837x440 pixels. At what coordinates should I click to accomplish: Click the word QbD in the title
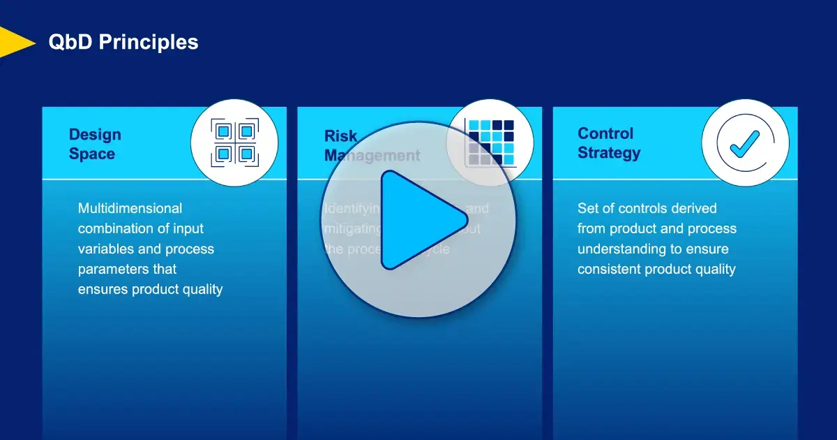[70, 42]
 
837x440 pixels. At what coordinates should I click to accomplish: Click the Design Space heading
[95, 144]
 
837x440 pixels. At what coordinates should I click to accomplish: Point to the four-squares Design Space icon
[234, 142]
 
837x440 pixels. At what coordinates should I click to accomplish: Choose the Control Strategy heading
[608, 142]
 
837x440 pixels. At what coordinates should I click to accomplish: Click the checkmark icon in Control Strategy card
[745, 142]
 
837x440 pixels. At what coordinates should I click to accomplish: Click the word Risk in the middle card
[340, 135]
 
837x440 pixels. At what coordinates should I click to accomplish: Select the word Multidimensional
[130, 208]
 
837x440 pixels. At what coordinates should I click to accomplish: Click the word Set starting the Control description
[589, 208]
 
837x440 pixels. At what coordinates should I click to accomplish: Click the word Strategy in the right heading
[608, 153]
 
